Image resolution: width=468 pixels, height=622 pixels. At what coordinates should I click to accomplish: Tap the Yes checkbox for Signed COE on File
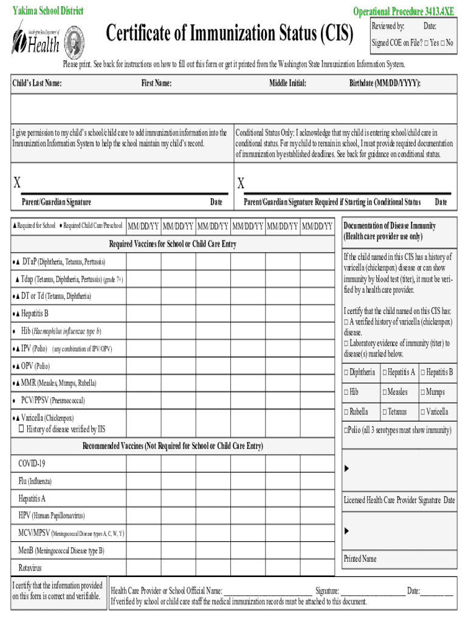(427, 43)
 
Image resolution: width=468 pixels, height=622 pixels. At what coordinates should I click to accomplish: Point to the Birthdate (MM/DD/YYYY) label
(385, 83)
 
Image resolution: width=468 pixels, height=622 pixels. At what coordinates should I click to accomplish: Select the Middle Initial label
(287, 83)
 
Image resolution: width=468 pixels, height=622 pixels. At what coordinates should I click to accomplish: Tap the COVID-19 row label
(32, 463)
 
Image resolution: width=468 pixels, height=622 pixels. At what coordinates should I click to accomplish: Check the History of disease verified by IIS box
(21, 429)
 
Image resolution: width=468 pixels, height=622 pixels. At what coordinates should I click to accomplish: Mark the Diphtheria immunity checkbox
(346, 372)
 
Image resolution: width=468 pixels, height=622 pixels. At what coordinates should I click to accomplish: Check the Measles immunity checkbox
(384, 392)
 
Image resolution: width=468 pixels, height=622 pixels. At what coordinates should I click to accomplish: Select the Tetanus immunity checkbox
(384, 412)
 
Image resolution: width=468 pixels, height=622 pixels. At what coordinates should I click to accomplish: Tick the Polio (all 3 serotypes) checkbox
(346, 431)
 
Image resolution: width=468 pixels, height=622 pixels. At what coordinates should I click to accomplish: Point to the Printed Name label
(360, 559)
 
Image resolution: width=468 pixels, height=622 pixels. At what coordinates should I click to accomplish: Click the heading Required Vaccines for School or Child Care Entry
(172, 244)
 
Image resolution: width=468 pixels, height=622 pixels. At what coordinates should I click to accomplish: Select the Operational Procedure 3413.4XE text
(404, 12)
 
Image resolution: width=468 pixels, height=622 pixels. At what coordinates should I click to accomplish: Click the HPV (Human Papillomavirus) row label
(52, 516)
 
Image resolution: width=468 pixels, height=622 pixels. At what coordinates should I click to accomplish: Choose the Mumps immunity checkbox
(422, 392)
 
